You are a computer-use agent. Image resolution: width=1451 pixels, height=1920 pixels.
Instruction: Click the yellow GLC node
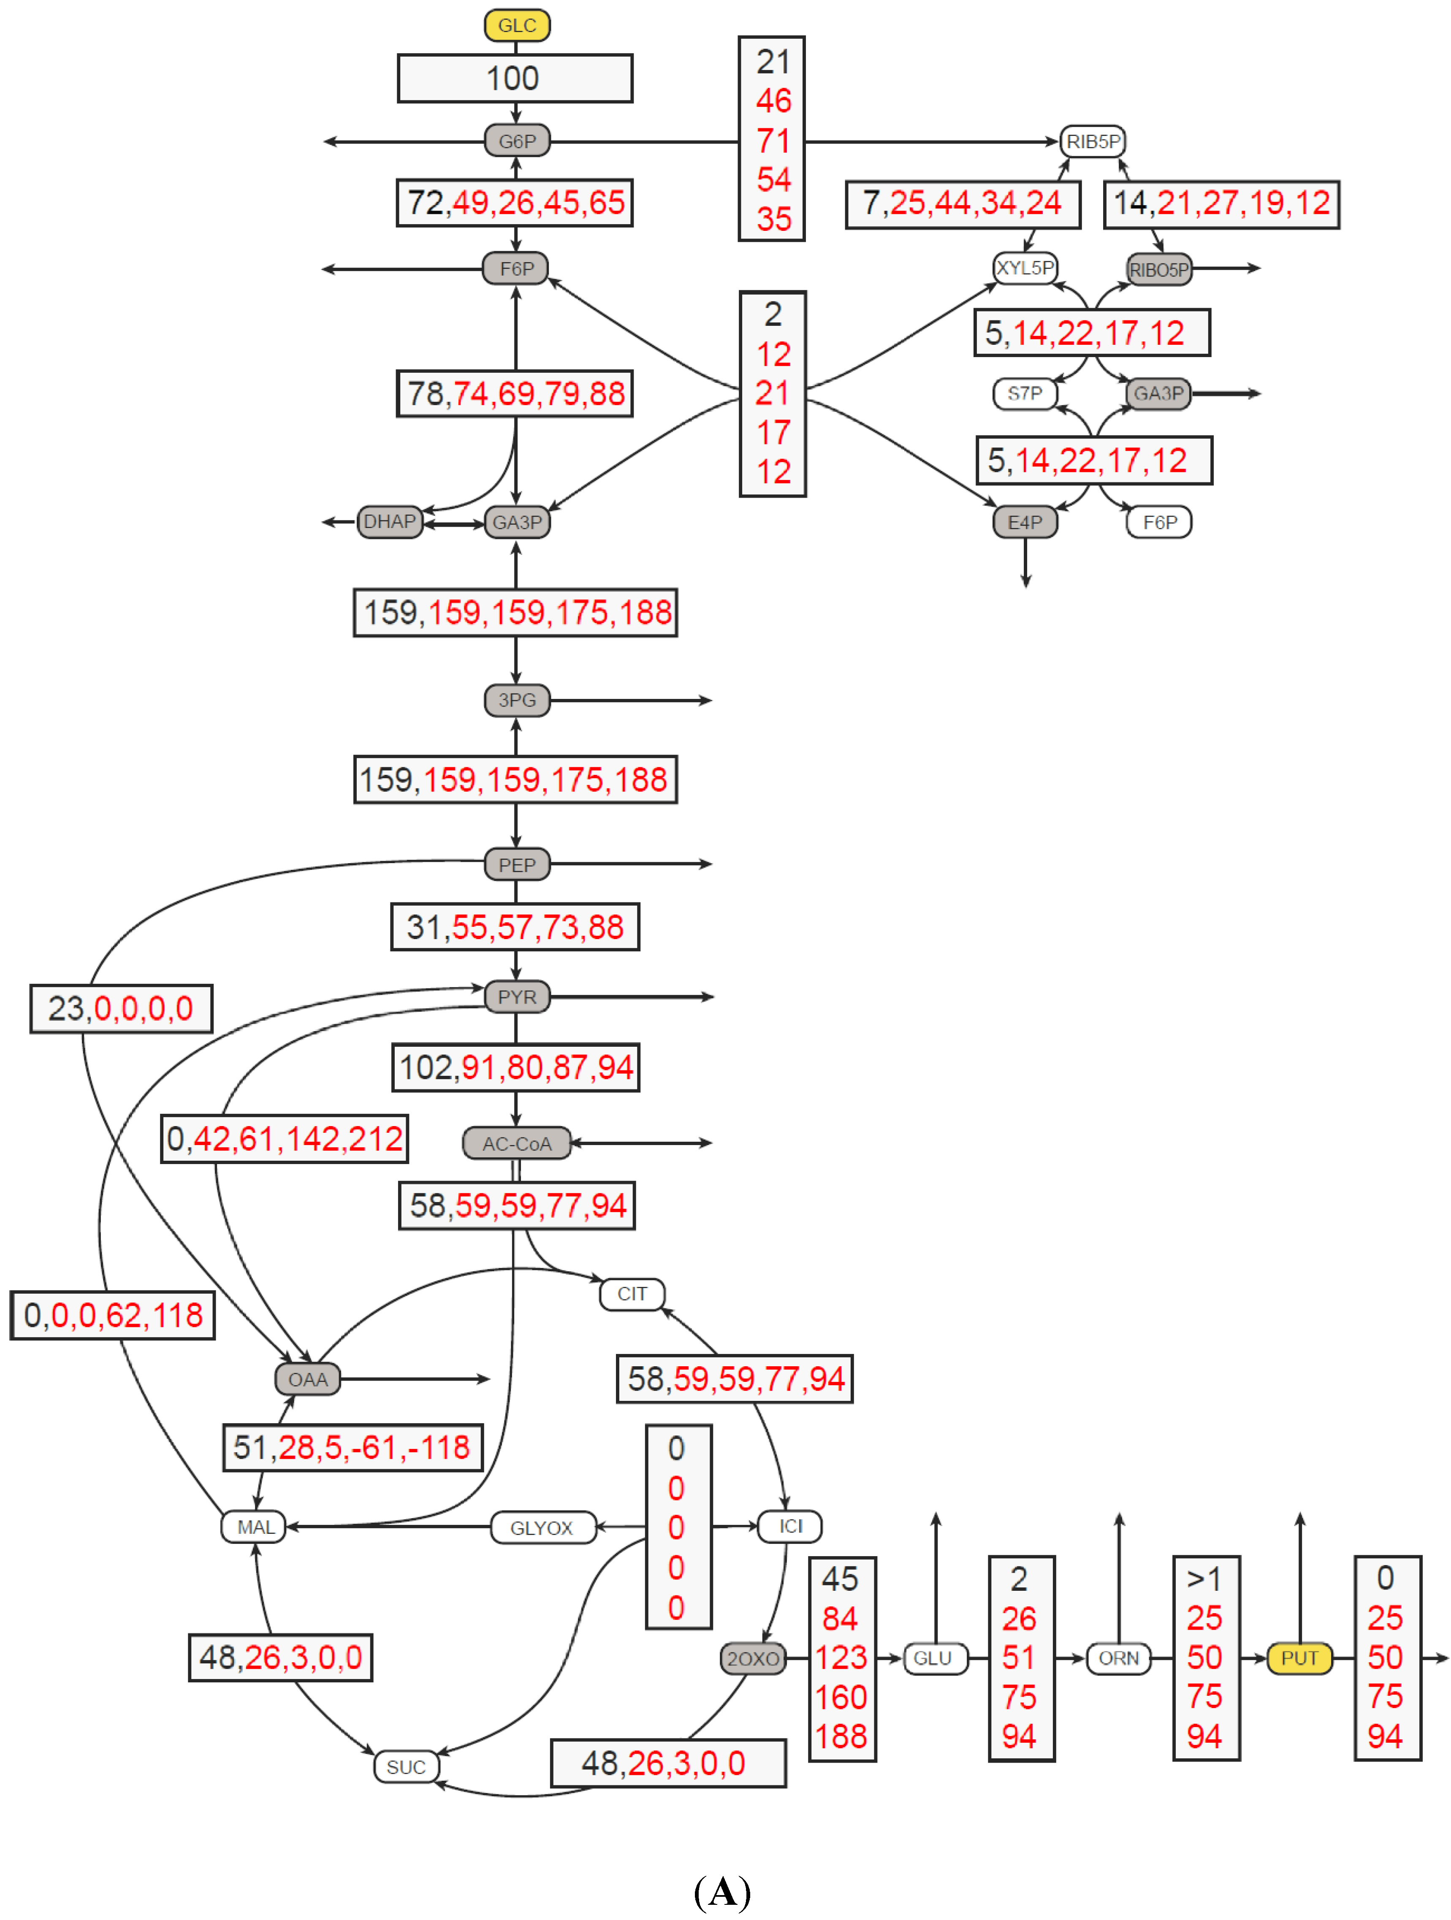pyautogui.click(x=517, y=25)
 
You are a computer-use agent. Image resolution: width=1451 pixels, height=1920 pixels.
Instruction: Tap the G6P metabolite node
pyautogui.click(x=517, y=141)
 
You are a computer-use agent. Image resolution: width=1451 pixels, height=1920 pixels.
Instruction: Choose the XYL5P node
pyautogui.click(x=1025, y=268)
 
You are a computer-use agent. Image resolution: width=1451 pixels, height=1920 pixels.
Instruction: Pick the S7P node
pyautogui.click(x=1025, y=393)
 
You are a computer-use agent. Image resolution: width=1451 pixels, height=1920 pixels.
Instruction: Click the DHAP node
pyautogui.click(x=389, y=522)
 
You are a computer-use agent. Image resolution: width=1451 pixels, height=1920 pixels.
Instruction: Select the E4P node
pyautogui.click(x=1025, y=522)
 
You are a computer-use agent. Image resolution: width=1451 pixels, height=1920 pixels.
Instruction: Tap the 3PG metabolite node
pyautogui.click(x=517, y=700)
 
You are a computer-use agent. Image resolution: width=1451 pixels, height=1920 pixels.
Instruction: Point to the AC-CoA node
pyautogui.click(x=517, y=1143)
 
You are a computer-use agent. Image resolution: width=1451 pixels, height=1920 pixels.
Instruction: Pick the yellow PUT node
pyautogui.click(x=1299, y=1658)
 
